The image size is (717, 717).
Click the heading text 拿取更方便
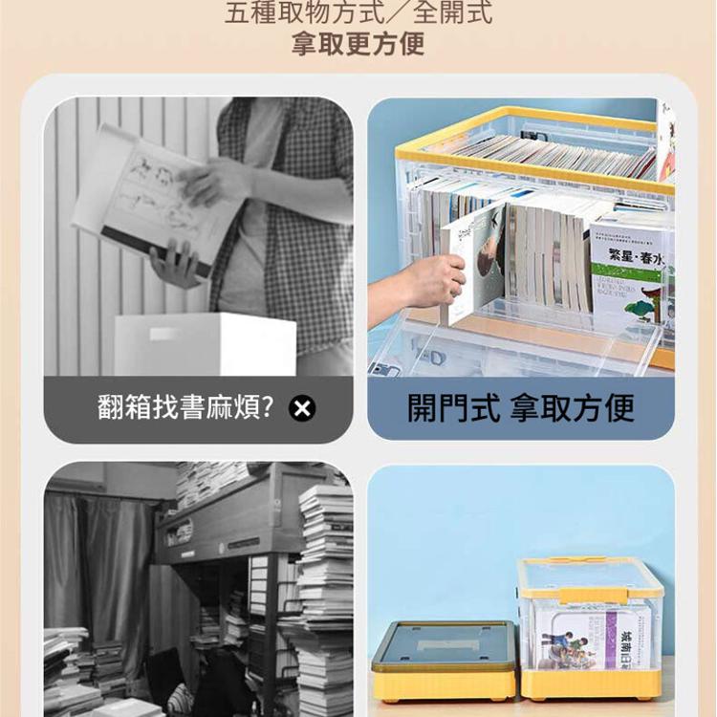click(358, 45)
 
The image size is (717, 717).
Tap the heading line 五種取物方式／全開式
click(358, 14)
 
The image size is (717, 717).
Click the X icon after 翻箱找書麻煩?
click(302, 409)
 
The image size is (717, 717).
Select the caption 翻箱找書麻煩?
click(185, 408)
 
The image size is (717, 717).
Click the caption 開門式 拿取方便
click(521, 408)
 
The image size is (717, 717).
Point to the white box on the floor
click(205, 343)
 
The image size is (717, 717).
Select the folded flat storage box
click(445, 660)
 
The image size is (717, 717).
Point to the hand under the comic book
click(177, 263)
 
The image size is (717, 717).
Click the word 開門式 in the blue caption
click(453, 408)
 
